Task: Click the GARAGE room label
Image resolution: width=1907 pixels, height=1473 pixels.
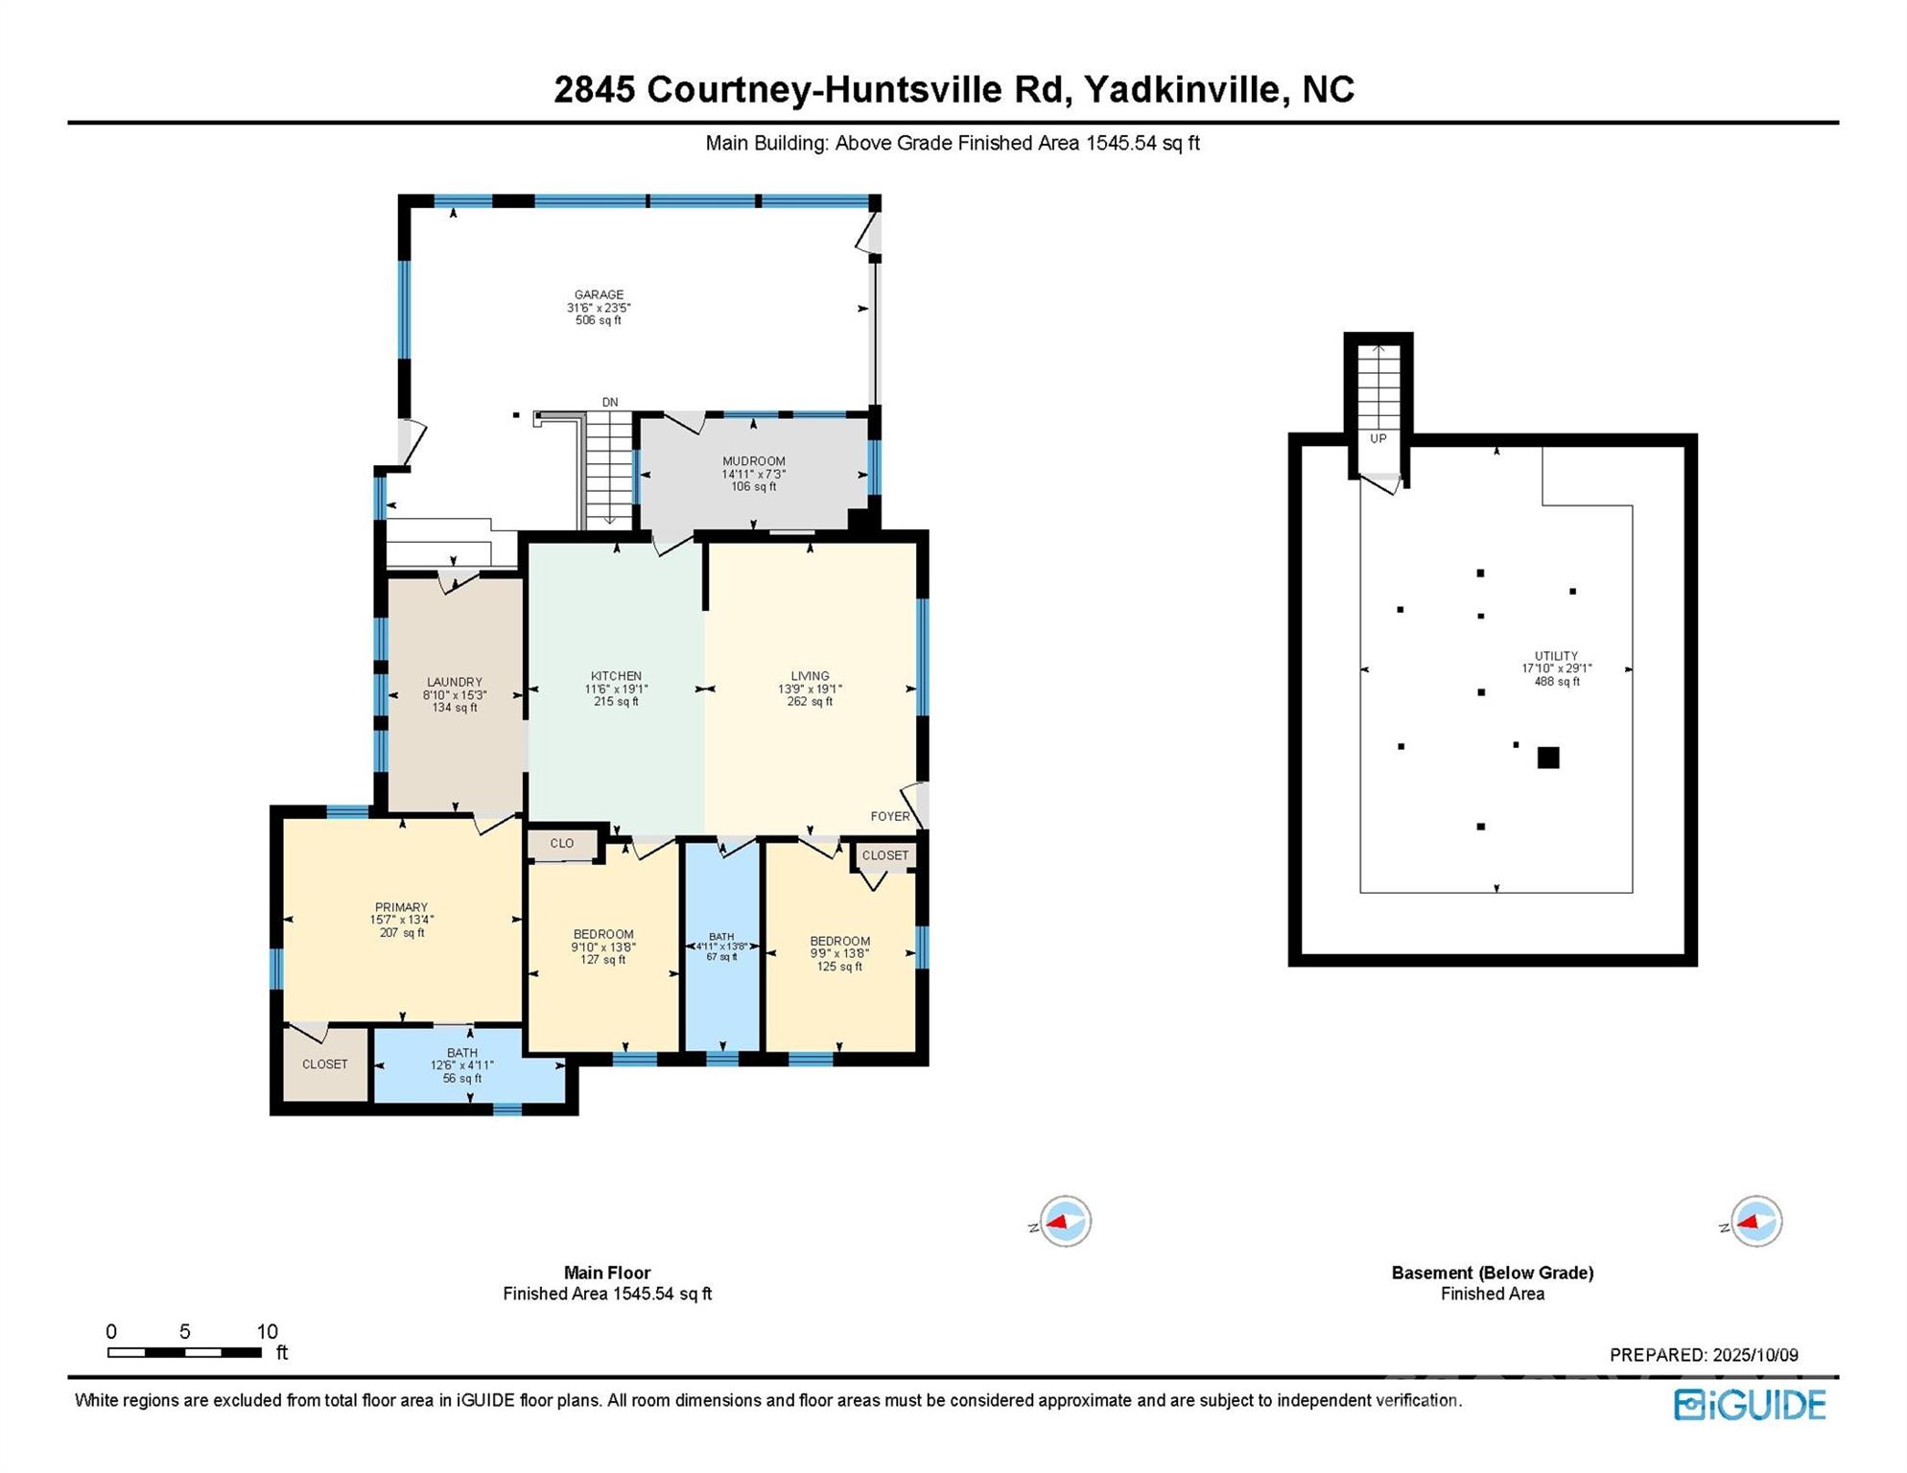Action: coord(599,295)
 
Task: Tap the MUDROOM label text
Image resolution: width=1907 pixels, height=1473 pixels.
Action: coord(754,461)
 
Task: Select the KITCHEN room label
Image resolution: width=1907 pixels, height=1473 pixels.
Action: coord(616,676)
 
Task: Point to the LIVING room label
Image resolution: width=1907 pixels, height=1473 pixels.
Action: coord(810,676)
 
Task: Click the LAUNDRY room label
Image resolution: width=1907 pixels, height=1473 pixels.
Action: coord(455,683)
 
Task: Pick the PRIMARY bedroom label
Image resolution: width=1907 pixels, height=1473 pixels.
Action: coord(401,907)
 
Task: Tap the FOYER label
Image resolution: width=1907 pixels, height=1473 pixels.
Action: coord(890,817)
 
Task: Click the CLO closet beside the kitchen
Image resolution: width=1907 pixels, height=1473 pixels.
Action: coord(562,844)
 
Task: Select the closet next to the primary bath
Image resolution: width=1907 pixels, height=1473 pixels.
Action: coord(325,1064)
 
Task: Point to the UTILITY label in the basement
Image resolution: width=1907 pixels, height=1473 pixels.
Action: coord(1556,657)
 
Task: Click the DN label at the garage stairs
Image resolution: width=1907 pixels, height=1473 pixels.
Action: coord(610,403)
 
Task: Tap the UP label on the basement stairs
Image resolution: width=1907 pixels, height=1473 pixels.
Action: coord(1378,439)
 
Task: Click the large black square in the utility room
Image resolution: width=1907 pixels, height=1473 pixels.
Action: coord(1548,759)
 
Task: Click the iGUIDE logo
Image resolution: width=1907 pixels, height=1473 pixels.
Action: coord(1751,1406)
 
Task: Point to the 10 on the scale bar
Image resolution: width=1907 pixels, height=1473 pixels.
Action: coord(268,1332)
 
